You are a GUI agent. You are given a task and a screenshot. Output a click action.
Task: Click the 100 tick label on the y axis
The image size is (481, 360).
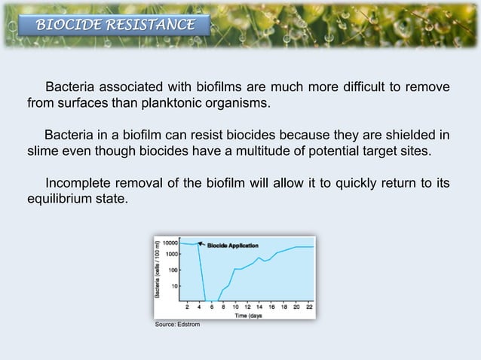173,270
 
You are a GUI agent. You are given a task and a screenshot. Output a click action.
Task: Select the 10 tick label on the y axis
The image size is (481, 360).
175,285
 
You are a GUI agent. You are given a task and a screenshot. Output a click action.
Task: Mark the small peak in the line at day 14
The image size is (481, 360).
259,258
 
